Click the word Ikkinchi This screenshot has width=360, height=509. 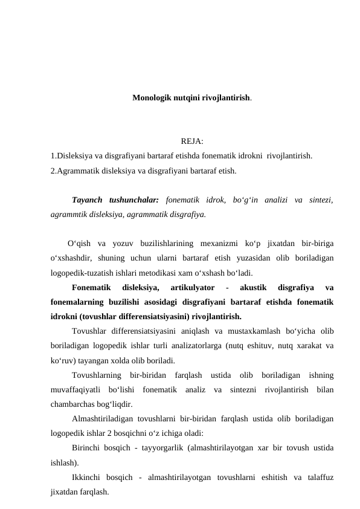(88, 478)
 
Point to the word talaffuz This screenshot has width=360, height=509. (318, 478)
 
